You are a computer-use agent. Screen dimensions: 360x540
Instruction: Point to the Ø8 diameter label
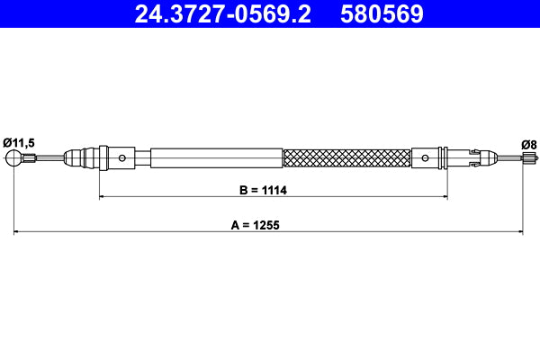(x=529, y=141)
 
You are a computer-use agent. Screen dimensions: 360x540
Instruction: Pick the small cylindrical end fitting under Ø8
(x=527, y=159)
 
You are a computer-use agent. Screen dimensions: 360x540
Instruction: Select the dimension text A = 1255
(x=256, y=227)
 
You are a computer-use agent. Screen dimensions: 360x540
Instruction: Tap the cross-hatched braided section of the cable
(x=346, y=158)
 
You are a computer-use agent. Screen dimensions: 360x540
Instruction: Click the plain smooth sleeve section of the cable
(x=216, y=158)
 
